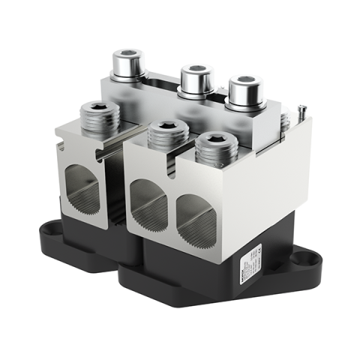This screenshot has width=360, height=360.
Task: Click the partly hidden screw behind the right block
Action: [x=285, y=121]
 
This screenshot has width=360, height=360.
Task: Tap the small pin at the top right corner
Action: [x=301, y=110]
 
